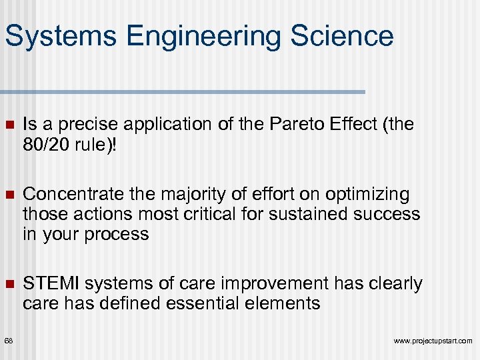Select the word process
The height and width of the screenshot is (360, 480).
click(x=121, y=235)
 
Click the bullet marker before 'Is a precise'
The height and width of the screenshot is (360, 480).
click(x=9, y=125)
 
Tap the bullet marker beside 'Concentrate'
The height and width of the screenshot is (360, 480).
click(x=9, y=195)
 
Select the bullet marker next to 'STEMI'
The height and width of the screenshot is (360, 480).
click(x=9, y=285)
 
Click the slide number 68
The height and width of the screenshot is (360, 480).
click(x=8, y=341)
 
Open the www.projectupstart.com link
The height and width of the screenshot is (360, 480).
click(x=433, y=341)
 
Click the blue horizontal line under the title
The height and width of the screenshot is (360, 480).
click(x=183, y=91)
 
